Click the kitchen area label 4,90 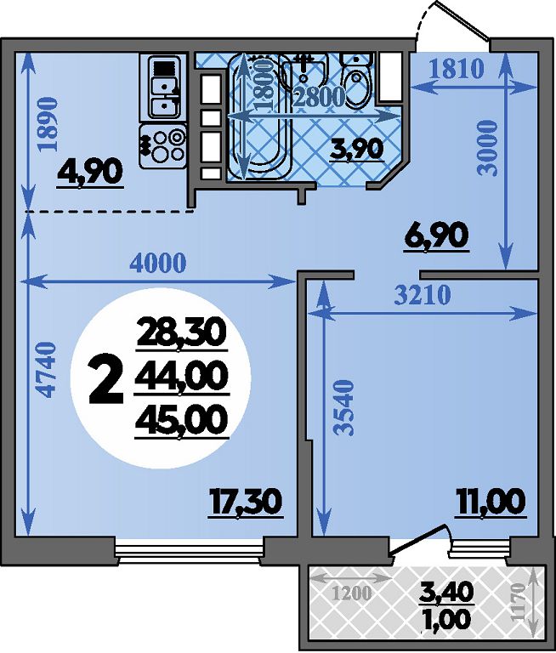(x=90, y=173)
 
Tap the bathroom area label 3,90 (x=356, y=149)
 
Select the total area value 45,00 (x=182, y=420)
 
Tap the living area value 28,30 (x=182, y=331)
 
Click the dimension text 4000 (x=157, y=264)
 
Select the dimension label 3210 (x=423, y=295)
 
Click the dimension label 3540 (x=344, y=407)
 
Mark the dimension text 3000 (x=487, y=148)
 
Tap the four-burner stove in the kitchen (x=162, y=145)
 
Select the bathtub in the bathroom (x=258, y=117)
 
